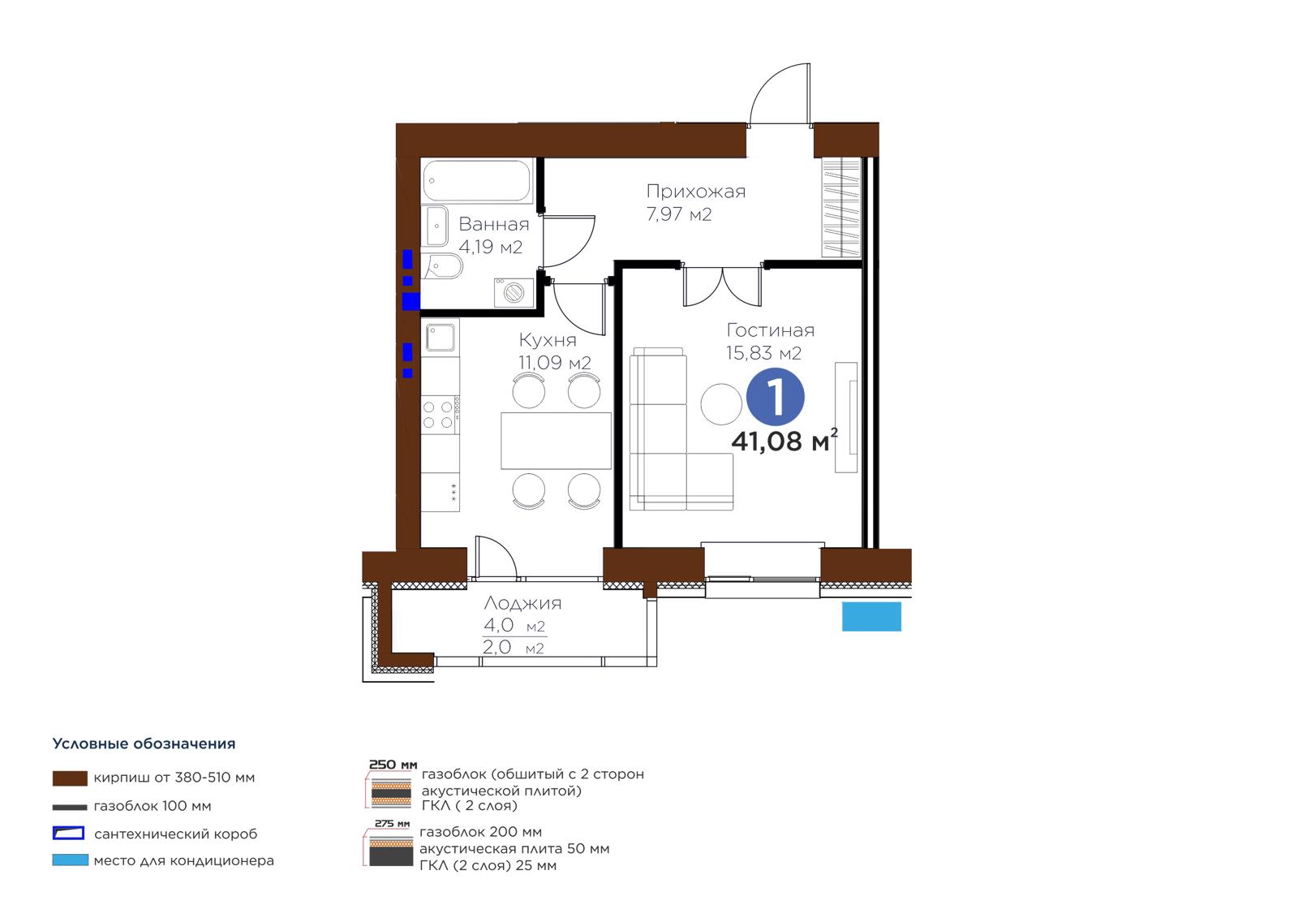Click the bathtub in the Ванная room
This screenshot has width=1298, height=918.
click(x=477, y=181)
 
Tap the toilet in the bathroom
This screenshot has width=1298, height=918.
click(x=442, y=266)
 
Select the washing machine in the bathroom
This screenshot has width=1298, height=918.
click(x=514, y=292)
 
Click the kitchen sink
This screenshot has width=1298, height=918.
click(x=441, y=337)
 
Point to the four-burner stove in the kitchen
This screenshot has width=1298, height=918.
click(x=441, y=415)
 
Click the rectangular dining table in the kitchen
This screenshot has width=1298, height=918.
click(x=556, y=440)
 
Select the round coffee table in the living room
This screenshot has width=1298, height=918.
click(x=721, y=404)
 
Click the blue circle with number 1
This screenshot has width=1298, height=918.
click(x=775, y=397)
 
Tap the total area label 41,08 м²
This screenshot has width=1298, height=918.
click(x=784, y=440)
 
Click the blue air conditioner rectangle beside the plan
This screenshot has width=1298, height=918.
click(x=871, y=616)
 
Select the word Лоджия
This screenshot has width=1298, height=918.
click(x=522, y=603)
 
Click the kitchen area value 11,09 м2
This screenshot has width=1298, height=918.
click(x=555, y=363)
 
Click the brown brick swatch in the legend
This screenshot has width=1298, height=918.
click(x=70, y=778)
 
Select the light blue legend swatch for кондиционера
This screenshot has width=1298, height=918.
click(x=70, y=860)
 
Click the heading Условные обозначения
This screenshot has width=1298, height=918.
click(x=144, y=743)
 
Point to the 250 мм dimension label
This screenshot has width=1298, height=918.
click(x=393, y=765)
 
